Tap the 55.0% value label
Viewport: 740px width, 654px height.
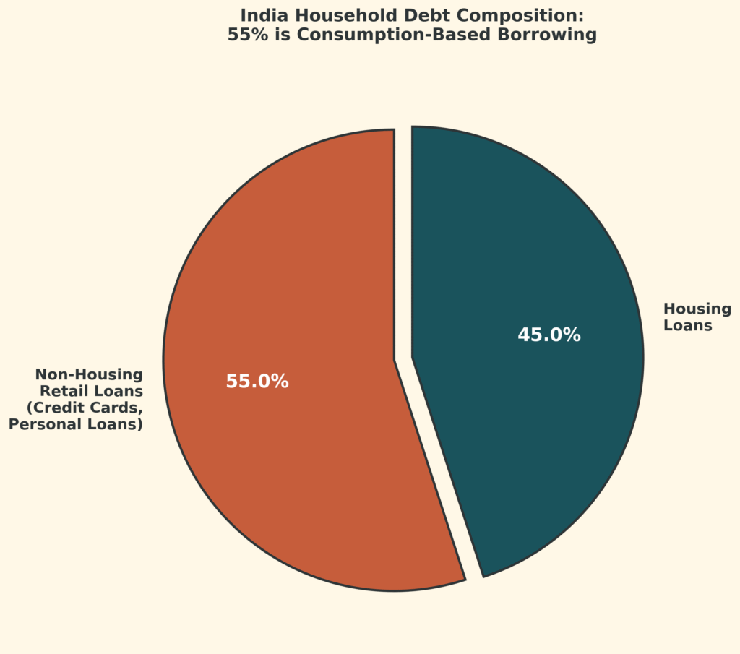[x=257, y=382]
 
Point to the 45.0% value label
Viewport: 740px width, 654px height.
[x=549, y=335]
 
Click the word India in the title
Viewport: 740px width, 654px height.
[x=260, y=15]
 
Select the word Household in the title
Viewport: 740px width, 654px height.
[x=331, y=15]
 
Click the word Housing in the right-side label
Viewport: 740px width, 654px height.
[x=697, y=309]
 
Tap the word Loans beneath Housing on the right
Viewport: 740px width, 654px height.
[x=688, y=326]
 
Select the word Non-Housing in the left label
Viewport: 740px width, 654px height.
[x=89, y=374]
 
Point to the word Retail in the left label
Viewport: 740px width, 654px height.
[x=64, y=391]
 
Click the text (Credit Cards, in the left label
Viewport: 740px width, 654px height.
[x=85, y=408]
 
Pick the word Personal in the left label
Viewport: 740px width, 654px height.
[x=42, y=424]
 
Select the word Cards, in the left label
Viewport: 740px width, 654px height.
[x=118, y=408]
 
